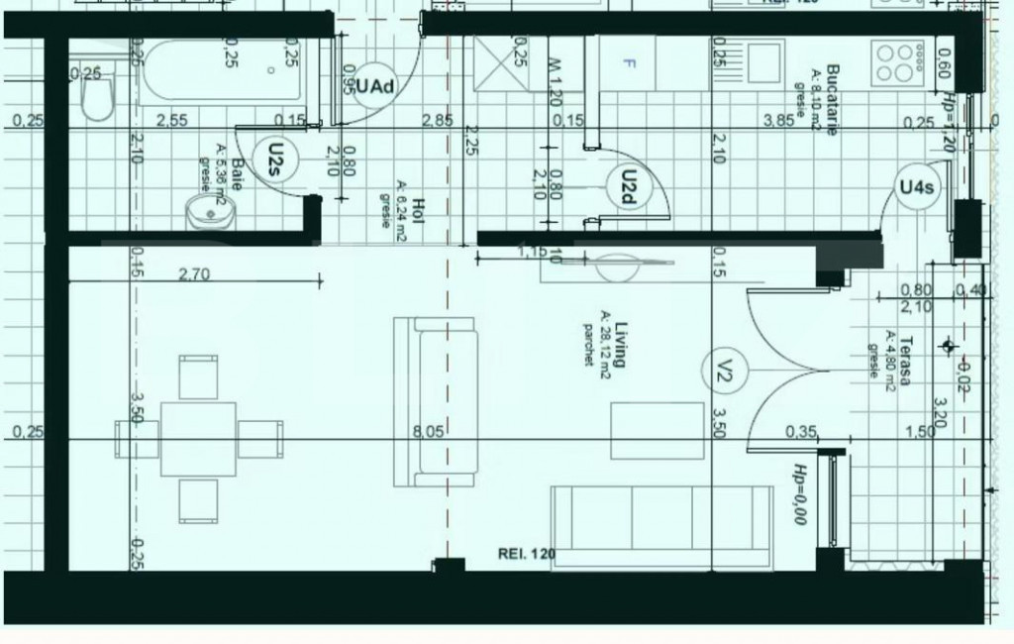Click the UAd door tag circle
tap(375, 86)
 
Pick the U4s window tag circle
tap(916, 187)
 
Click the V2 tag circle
tap(722, 374)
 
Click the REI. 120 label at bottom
tap(527, 553)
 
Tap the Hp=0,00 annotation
tap(798, 493)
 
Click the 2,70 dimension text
tap(194, 276)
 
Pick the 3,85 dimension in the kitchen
tap(780, 121)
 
